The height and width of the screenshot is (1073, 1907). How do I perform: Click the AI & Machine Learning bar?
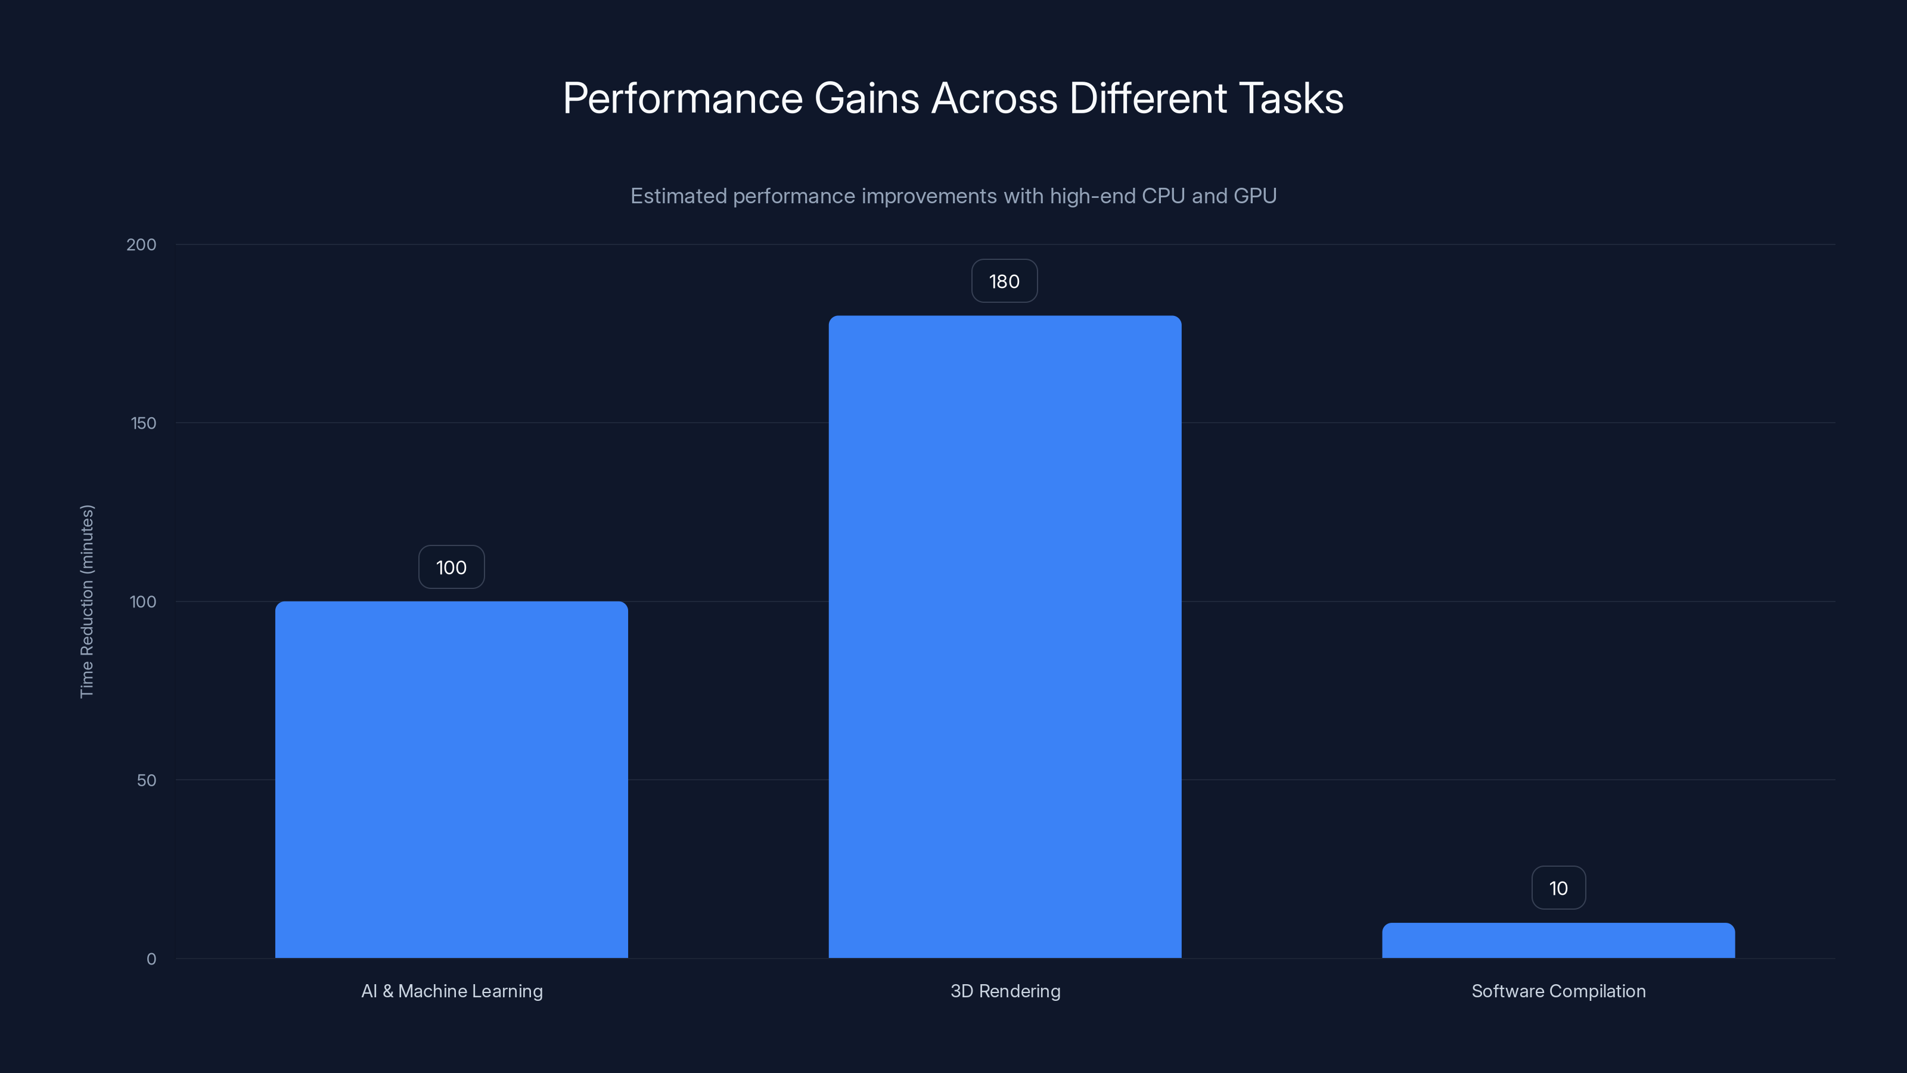click(x=452, y=779)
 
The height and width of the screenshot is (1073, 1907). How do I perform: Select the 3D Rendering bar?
click(x=1005, y=637)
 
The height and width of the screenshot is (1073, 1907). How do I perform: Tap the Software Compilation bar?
click(x=1558, y=941)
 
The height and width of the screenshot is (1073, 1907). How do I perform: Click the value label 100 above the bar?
click(x=452, y=567)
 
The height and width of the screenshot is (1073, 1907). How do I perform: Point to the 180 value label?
click(x=1005, y=281)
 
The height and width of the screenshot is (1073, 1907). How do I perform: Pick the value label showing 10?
click(x=1558, y=888)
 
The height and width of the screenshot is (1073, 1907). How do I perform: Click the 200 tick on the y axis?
click(x=141, y=244)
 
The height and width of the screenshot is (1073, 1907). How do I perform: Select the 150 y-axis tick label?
click(x=144, y=423)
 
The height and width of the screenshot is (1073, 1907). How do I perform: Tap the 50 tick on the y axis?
click(x=147, y=780)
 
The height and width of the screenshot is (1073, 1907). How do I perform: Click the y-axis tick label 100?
click(x=144, y=601)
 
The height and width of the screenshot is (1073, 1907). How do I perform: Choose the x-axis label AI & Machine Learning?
click(x=452, y=991)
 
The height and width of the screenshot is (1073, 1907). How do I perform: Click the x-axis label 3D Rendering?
click(x=1005, y=991)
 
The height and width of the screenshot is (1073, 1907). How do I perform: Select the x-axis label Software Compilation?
click(x=1558, y=991)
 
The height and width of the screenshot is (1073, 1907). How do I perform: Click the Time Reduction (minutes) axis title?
click(x=86, y=601)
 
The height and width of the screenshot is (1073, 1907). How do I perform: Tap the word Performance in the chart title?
click(x=682, y=98)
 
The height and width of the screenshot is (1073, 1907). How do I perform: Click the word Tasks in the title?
click(x=1290, y=98)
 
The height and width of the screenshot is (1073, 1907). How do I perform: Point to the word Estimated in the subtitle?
click(x=678, y=196)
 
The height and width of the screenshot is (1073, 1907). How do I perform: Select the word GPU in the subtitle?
click(x=1255, y=196)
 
